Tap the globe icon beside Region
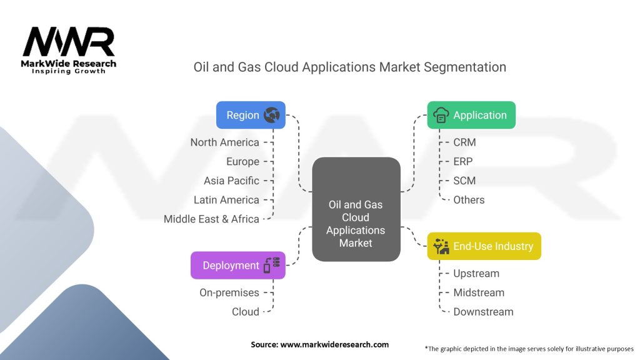pyautogui.click(x=272, y=115)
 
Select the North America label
pyautogui.click(x=224, y=142)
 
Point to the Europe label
pyautogui.click(x=242, y=162)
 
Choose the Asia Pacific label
pyautogui.click(x=231, y=181)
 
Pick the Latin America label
pyautogui.click(x=226, y=200)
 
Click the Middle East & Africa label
pyautogui.click(x=211, y=219)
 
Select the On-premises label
pyautogui.click(x=229, y=292)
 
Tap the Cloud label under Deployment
pyautogui.click(x=245, y=312)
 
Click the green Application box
pyautogui.click(x=471, y=115)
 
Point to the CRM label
pyautogui.click(x=464, y=142)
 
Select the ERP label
pyautogui.click(x=463, y=162)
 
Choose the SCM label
pyautogui.click(x=464, y=181)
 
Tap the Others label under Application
pyautogui.click(x=469, y=200)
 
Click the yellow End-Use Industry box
pyautogui.click(x=484, y=246)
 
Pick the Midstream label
pyautogui.click(x=479, y=292)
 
